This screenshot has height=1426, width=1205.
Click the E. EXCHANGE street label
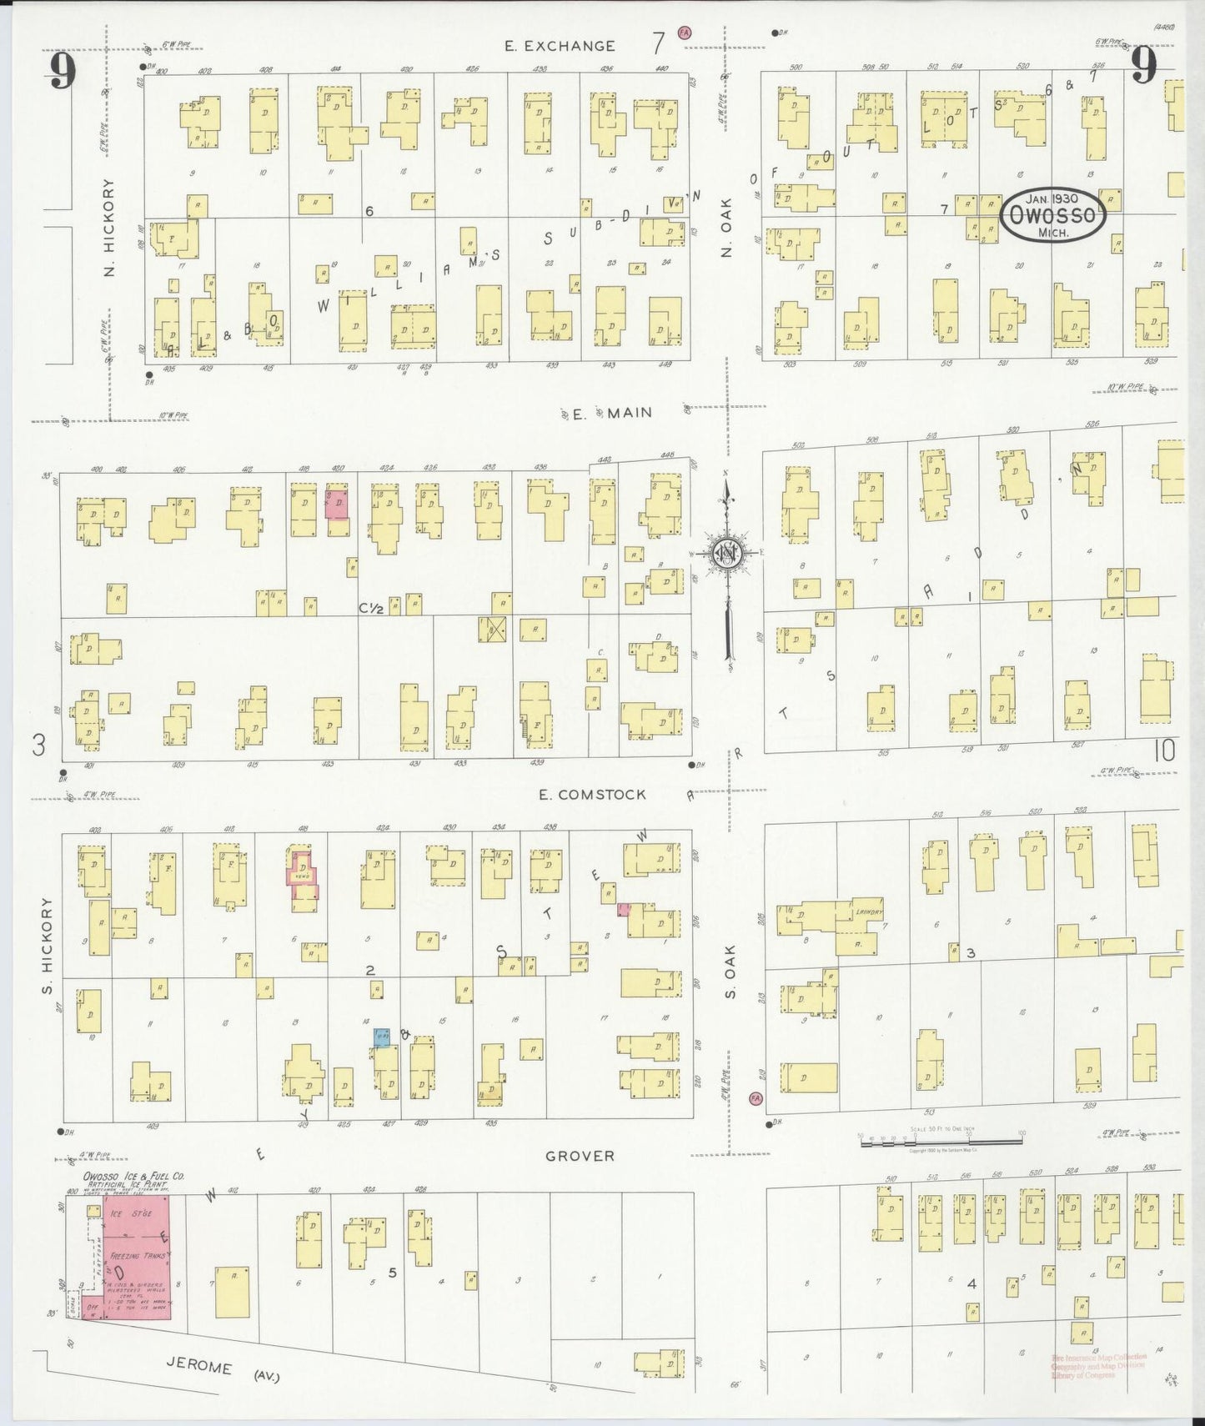click(560, 47)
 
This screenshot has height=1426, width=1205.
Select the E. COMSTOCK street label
click(592, 795)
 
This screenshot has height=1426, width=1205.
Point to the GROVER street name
click(580, 1156)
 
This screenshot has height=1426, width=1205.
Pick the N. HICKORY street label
click(109, 228)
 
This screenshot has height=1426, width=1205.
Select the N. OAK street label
click(727, 227)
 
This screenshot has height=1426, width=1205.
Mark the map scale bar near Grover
click(941, 1139)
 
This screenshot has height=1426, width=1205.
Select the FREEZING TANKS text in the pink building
click(133, 1255)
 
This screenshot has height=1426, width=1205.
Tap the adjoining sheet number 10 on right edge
click(1164, 751)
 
